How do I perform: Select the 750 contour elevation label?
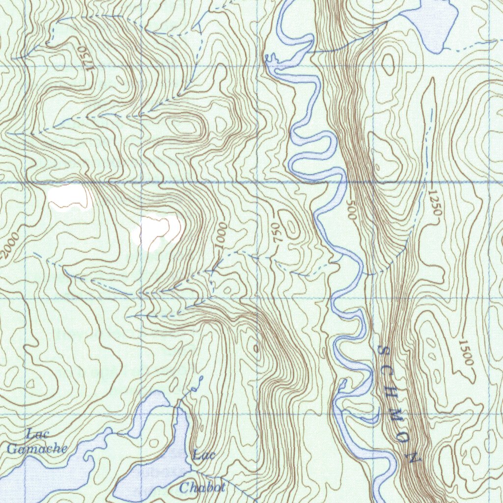[277, 231]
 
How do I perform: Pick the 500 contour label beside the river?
[350, 209]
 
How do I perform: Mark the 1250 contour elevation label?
[435, 203]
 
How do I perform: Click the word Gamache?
[37, 448]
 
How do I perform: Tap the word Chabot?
[202, 487]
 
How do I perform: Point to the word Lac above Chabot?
[204, 455]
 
